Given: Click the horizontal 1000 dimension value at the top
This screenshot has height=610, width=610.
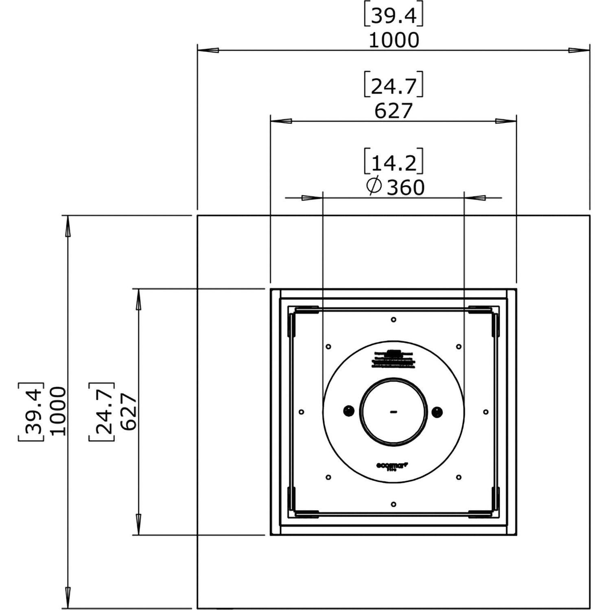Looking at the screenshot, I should (x=394, y=40).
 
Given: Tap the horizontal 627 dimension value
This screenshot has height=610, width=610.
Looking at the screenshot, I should (x=394, y=111).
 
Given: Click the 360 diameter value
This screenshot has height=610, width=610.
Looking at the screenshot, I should (x=405, y=188).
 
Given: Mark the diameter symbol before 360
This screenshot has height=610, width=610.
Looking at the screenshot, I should (x=374, y=186).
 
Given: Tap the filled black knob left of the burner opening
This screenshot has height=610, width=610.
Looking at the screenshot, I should (x=349, y=411).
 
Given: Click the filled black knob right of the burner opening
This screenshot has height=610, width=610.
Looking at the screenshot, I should (x=437, y=411).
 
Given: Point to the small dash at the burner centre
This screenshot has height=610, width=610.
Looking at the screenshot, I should (x=393, y=412).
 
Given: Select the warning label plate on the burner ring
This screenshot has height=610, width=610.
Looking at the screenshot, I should (x=393, y=359).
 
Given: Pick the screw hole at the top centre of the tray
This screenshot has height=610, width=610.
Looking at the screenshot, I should (x=393, y=319).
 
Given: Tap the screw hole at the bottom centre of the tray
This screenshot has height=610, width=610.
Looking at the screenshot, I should (x=393, y=504).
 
